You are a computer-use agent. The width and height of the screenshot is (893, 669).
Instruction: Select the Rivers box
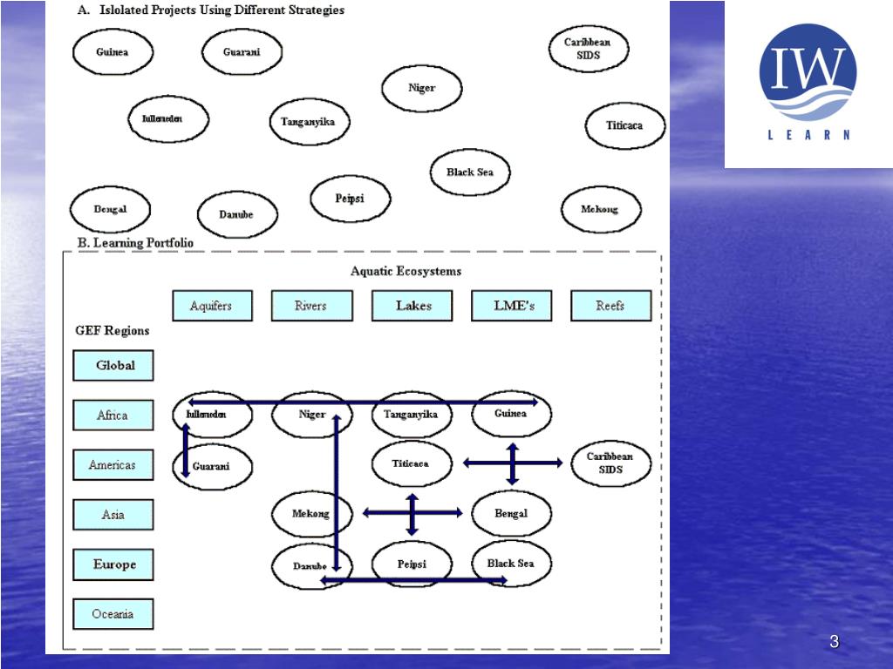coord(311,306)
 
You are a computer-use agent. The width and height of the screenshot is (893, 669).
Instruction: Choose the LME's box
coord(512,306)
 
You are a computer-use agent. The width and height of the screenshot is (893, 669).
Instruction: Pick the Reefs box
coord(610,306)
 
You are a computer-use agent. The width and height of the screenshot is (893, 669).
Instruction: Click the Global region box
coord(113,366)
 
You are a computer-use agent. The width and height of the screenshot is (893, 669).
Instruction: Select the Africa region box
coord(113,416)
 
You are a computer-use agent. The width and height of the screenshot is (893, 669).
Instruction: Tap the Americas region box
coord(113,465)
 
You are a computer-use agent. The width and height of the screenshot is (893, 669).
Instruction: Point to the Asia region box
coord(113,515)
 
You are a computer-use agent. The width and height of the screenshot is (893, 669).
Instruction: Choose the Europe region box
coord(113,564)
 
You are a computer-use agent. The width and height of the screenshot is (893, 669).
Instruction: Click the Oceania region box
coord(113,614)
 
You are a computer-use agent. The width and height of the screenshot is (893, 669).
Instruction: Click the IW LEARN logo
coord(808,83)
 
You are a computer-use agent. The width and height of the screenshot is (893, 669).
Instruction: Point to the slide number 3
coord(834,643)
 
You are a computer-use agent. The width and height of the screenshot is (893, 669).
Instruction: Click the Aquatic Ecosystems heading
coord(406,271)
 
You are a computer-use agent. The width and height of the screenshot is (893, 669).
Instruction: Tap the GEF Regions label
coord(112,331)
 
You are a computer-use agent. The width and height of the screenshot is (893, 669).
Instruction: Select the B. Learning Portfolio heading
coord(135,243)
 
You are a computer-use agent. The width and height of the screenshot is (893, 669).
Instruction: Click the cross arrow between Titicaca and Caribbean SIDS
coord(513,463)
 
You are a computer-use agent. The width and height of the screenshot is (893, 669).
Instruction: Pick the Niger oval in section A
coord(422,88)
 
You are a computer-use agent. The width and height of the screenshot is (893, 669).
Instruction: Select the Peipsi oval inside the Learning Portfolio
coord(412,564)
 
